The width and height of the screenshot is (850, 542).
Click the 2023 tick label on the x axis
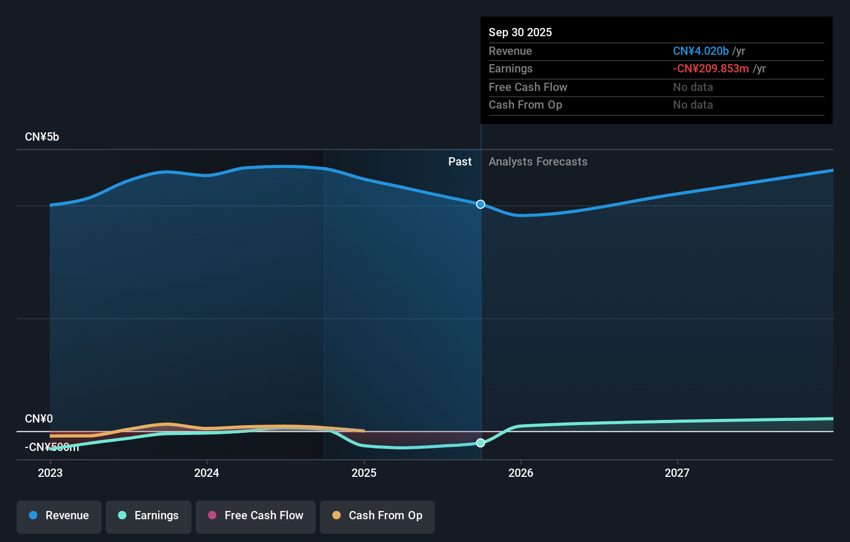click(50, 473)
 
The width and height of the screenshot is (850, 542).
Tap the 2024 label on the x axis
click(207, 473)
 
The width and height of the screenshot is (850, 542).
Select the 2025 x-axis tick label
click(364, 473)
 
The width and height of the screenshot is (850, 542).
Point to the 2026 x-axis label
click(521, 473)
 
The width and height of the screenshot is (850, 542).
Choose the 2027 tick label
click(677, 473)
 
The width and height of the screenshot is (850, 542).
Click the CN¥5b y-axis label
click(42, 137)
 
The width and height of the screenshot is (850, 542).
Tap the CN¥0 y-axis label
click(39, 418)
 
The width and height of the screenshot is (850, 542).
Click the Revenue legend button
click(59, 516)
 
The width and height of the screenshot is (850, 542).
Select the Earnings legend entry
click(149, 516)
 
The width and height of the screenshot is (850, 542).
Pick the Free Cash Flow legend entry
click(256, 516)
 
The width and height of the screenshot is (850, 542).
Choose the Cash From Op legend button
click(377, 516)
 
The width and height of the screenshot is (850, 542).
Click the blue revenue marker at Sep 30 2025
click(480, 204)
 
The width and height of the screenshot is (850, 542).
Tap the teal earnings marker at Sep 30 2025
click(480, 443)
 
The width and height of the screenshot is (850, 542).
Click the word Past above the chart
click(460, 162)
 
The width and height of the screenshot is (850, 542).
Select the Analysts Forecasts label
click(538, 162)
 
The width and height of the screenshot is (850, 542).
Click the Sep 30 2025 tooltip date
click(520, 32)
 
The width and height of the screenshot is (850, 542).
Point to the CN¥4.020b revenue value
click(700, 51)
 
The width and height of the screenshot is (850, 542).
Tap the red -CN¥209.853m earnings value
click(710, 69)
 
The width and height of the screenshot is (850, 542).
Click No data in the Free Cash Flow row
click(693, 87)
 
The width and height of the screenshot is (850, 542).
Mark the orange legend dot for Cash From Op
click(336, 515)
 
